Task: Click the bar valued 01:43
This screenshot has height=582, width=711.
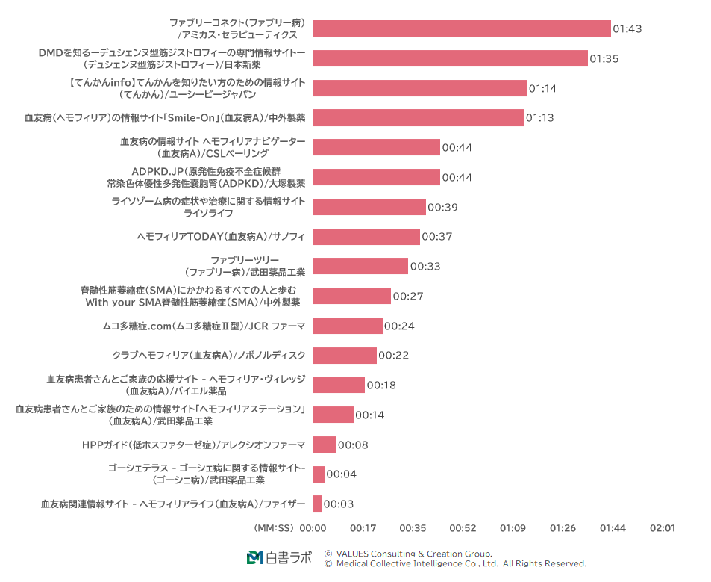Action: tap(462, 28)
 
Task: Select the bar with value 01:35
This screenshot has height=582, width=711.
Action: tap(450, 58)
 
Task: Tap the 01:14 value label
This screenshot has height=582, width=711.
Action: tap(543, 88)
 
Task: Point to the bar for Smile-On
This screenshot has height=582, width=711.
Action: tap(419, 118)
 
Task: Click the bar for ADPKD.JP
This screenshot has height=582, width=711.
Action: tap(376, 177)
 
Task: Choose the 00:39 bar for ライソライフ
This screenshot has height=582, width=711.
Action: tap(369, 207)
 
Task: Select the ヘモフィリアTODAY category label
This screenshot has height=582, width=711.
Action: tap(221, 237)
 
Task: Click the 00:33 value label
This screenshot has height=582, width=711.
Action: tap(425, 267)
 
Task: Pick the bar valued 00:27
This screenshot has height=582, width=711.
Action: tap(351, 296)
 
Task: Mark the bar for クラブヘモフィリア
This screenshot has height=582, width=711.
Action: tap(345, 356)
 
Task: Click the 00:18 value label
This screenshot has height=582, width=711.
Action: tap(382, 386)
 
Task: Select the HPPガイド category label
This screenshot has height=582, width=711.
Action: tap(194, 445)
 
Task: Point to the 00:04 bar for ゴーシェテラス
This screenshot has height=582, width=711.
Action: tap(319, 474)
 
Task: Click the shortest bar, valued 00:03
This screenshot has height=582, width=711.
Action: tap(317, 504)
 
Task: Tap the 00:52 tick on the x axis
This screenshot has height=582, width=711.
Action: tap(463, 528)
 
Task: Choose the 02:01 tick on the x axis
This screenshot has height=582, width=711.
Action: tap(663, 528)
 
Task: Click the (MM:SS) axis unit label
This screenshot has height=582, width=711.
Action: tap(275, 528)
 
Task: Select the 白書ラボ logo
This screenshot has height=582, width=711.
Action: tap(279, 557)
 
